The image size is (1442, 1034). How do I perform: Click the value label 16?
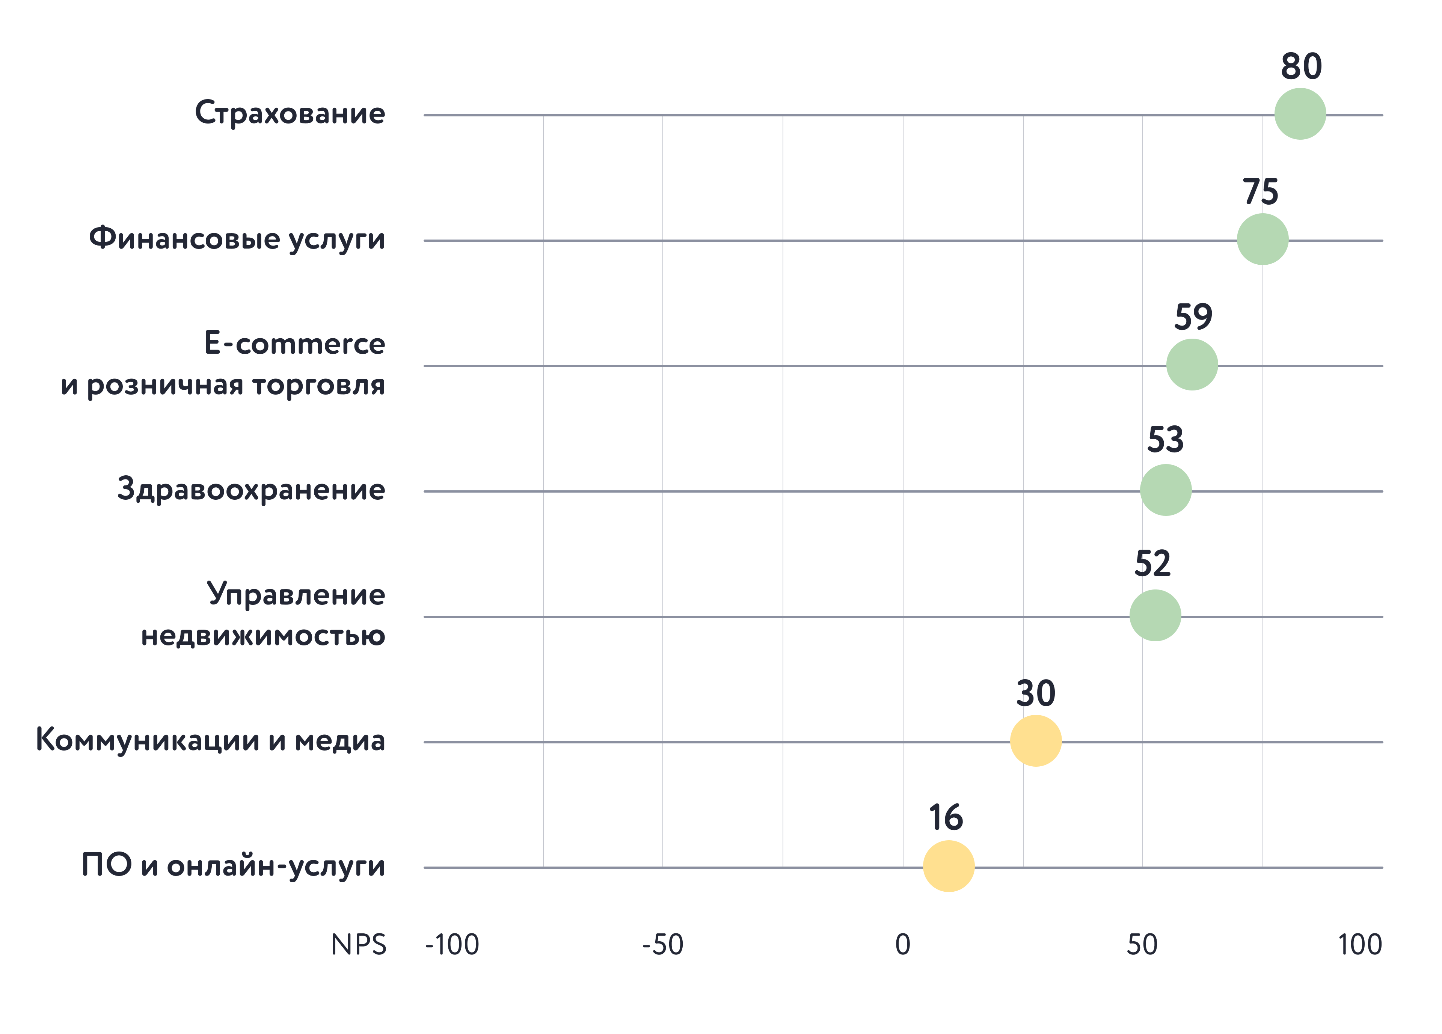(x=946, y=817)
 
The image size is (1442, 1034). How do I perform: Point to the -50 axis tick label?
(x=662, y=944)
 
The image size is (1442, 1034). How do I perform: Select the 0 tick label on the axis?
(x=902, y=944)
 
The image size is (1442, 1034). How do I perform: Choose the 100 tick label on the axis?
(x=1359, y=944)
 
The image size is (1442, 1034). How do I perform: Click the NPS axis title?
(x=358, y=944)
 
